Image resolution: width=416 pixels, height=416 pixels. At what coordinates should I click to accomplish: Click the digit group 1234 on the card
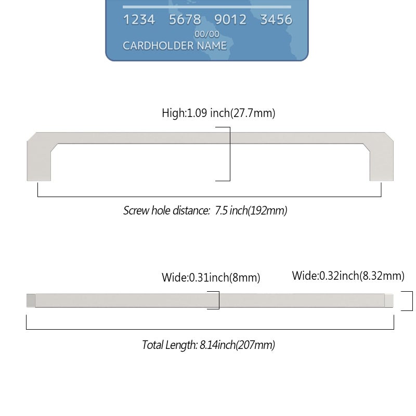[x=139, y=20]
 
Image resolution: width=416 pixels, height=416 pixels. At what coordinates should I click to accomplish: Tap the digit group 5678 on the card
[x=185, y=20]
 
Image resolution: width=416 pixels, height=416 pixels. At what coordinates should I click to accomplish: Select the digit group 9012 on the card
[x=230, y=20]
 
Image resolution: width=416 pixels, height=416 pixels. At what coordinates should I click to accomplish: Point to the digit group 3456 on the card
[x=276, y=20]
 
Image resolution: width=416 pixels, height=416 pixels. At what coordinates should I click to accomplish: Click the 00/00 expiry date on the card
[x=207, y=34]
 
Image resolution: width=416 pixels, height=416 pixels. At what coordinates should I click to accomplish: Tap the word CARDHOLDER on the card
[x=158, y=46]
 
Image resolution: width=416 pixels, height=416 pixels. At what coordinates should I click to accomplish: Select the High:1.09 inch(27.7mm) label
[x=218, y=113]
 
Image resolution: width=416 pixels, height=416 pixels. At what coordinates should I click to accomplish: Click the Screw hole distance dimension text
[x=205, y=211]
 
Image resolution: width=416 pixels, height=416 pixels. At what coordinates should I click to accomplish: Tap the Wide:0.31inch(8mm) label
[x=211, y=278]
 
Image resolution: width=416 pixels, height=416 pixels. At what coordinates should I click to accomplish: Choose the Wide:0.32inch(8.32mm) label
[x=348, y=276]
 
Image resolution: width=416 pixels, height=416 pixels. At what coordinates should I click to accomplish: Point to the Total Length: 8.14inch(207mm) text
[x=209, y=345]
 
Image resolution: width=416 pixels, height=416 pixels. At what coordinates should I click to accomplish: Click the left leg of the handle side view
[x=39, y=162]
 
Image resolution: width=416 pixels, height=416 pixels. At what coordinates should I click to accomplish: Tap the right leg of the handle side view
[x=382, y=162]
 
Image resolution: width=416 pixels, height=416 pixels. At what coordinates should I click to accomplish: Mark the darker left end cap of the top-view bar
[x=31, y=301]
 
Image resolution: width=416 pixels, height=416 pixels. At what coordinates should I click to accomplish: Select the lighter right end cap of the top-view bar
[x=389, y=301]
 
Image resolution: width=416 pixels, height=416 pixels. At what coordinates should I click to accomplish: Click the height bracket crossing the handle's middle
[x=230, y=154]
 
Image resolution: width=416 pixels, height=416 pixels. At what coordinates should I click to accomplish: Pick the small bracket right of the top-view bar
[x=412, y=301]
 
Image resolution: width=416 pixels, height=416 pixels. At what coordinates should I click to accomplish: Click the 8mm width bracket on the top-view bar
[x=219, y=300]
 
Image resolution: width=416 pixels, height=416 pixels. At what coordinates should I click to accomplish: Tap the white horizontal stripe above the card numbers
[x=207, y=7]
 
